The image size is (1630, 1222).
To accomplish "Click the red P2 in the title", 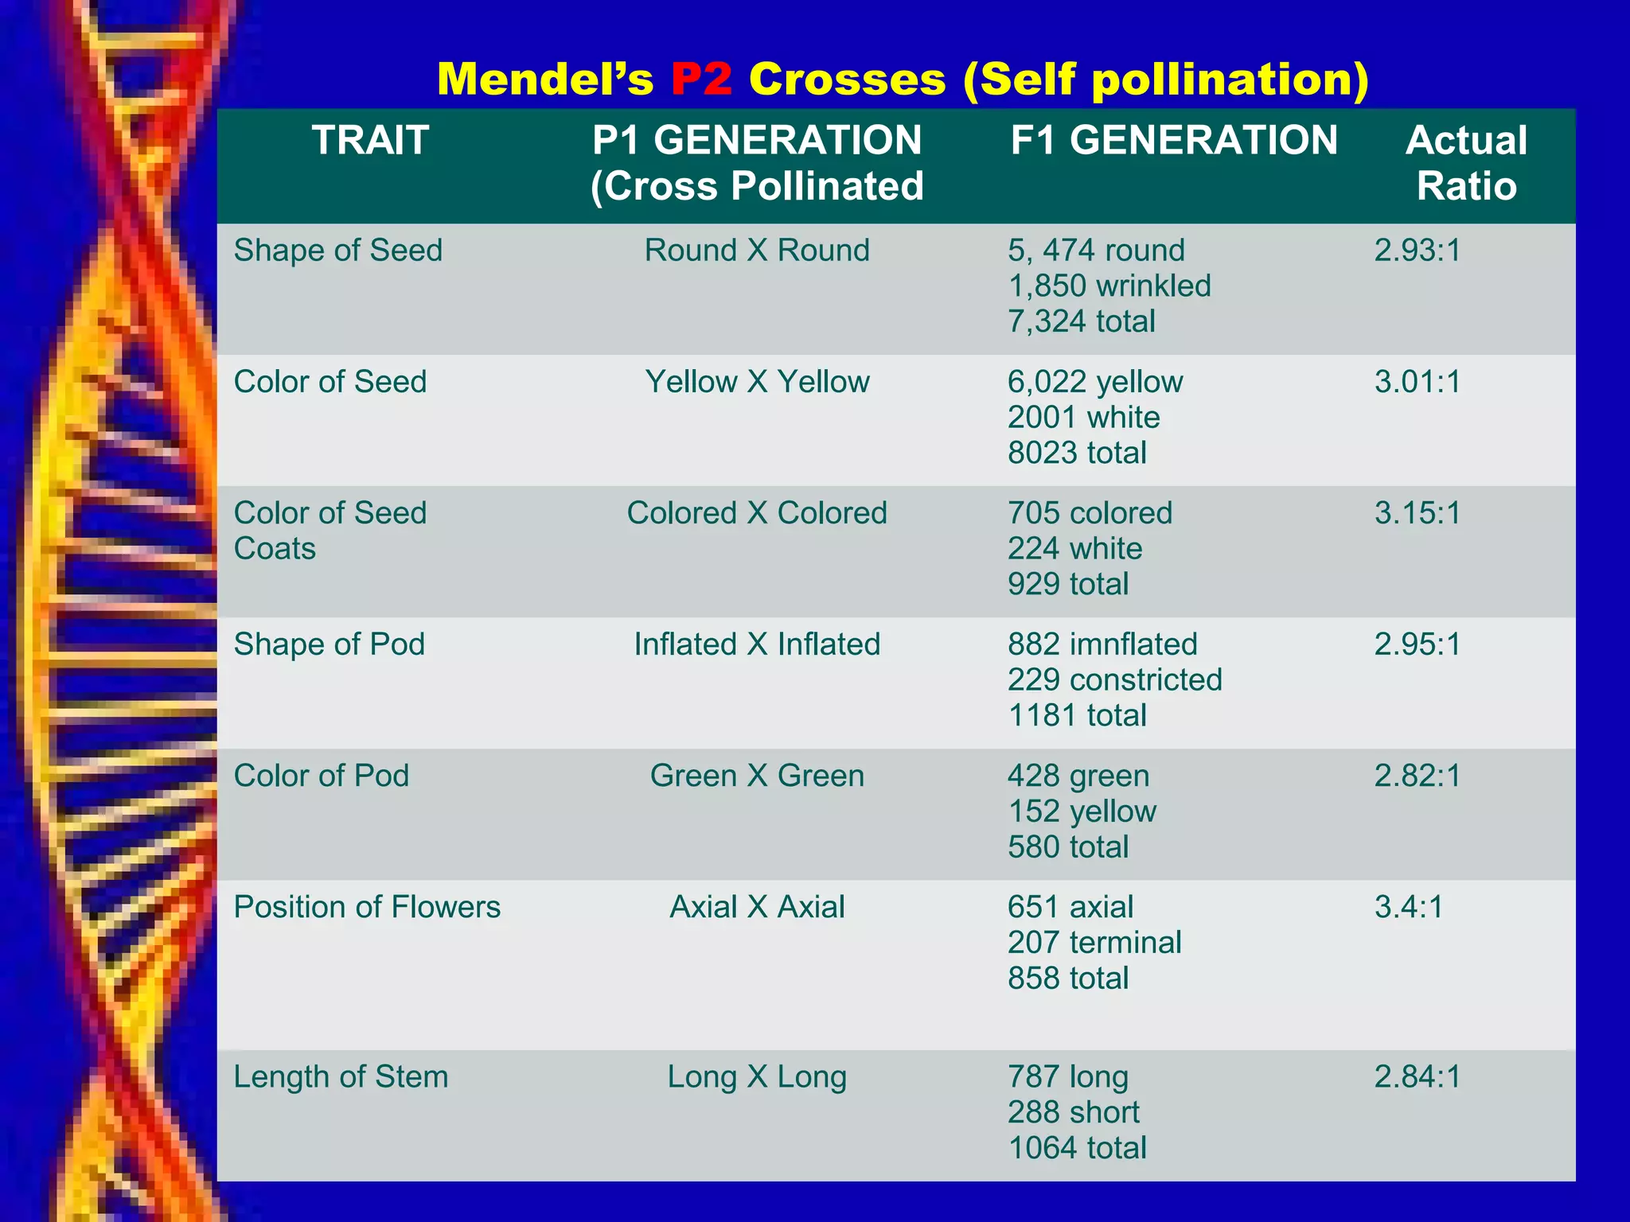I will [701, 80].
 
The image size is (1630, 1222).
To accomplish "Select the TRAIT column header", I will [370, 141].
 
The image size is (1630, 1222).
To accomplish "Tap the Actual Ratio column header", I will [1466, 163].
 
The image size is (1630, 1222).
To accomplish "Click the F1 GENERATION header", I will [1174, 141].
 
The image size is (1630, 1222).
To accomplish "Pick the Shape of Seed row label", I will [337, 251].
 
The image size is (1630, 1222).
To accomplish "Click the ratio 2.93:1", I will [1417, 251].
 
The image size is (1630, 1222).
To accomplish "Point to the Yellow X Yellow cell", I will [757, 382].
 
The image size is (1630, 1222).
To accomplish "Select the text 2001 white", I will [1083, 418].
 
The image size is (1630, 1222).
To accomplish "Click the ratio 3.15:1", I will [1417, 513].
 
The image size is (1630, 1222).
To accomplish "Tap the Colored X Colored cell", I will [757, 513].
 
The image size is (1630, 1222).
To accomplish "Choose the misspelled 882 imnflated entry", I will [1102, 644].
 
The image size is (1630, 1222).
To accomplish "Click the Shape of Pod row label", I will [329, 644].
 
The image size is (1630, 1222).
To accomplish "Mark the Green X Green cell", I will [757, 776].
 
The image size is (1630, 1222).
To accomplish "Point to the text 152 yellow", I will [1082, 811].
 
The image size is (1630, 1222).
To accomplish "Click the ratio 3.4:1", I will [1409, 907].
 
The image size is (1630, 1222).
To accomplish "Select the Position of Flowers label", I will [367, 907].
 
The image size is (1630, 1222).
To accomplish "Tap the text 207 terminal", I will [1094, 943].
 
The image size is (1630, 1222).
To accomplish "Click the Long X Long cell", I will [757, 1077].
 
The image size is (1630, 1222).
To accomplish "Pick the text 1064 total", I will [1077, 1148].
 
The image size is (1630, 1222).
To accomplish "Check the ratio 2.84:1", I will [1417, 1077].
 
